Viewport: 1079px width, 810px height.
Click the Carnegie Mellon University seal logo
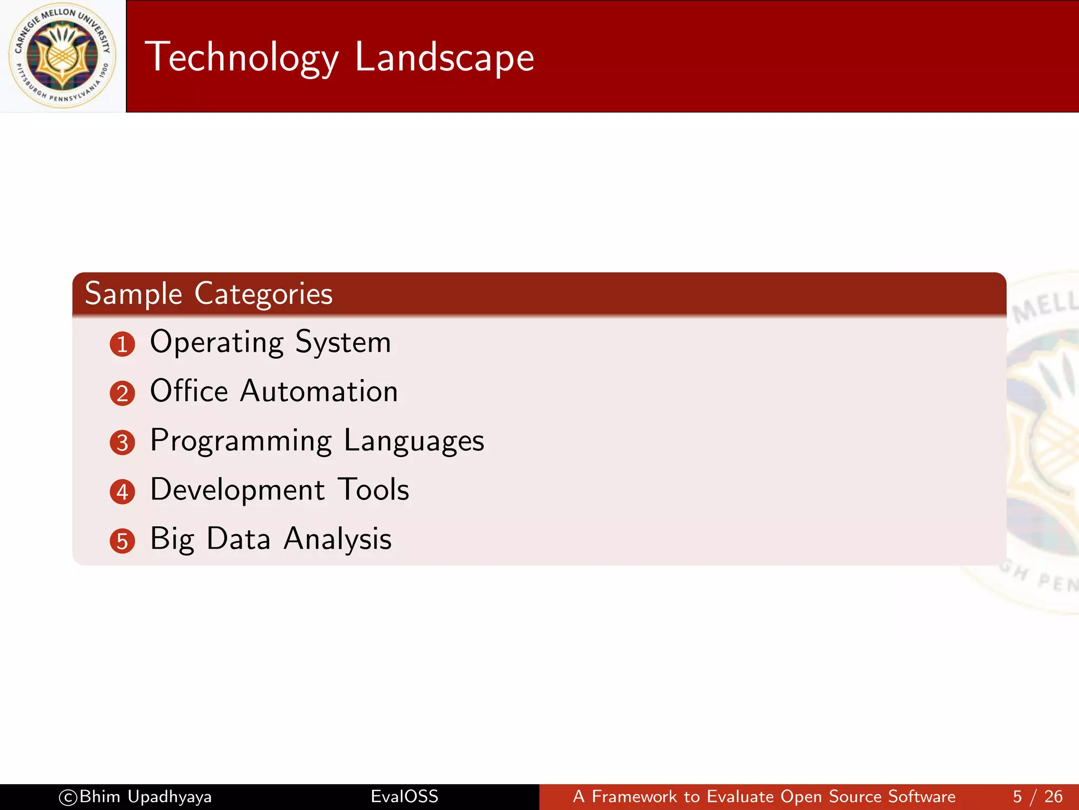click(x=62, y=55)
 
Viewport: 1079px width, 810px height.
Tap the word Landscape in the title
click(x=444, y=57)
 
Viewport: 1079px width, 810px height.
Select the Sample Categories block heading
click(x=209, y=294)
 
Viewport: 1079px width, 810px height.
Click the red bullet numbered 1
click(x=122, y=344)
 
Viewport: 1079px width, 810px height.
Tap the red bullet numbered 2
click(x=122, y=393)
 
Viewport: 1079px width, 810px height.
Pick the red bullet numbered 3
click(x=122, y=442)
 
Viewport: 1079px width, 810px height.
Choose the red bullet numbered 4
click(x=122, y=492)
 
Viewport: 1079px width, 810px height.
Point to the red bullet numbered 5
click(x=122, y=541)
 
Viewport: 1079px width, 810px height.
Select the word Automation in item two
click(x=319, y=391)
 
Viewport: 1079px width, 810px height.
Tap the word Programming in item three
click(x=241, y=441)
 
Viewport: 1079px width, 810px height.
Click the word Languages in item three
click(x=414, y=441)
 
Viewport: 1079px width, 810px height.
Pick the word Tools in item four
click(x=373, y=489)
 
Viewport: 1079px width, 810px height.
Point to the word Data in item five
click(x=239, y=538)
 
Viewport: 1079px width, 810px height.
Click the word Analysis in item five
click(x=337, y=539)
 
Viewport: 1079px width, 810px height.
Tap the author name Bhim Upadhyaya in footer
click(x=145, y=796)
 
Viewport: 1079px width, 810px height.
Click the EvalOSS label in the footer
click(x=404, y=796)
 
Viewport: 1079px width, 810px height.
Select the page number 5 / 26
click(x=1037, y=796)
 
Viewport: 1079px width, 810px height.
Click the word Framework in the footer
click(x=634, y=796)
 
